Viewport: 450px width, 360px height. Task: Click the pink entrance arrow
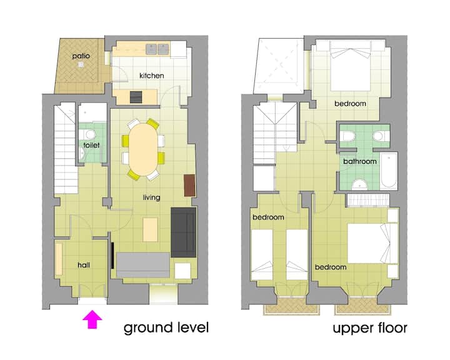click(x=92, y=319)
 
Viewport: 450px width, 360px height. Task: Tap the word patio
click(x=81, y=56)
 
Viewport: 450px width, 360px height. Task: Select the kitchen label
click(x=151, y=76)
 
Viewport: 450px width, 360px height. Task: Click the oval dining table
click(x=143, y=149)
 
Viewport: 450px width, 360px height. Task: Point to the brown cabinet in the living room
click(x=190, y=186)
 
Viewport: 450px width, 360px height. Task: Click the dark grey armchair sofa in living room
click(x=184, y=232)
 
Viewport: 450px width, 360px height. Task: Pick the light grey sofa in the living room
click(x=143, y=265)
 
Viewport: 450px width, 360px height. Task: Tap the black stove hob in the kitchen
click(x=136, y=97)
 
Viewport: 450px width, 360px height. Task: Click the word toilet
click(x=91, y=145)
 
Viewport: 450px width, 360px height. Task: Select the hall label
click(x=84, y=265)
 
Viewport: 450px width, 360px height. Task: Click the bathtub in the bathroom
click(x=389, y=171)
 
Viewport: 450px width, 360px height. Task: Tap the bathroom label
click(x=360, y=161)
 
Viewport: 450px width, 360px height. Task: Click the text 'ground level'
click(x=166, y=328)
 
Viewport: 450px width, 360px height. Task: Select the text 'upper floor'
click(x=370, y=328)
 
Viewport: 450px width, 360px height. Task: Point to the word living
click(x=151, y=197)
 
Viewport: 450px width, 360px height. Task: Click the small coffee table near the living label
click(x=151, y=229)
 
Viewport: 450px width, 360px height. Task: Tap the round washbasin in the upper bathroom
click(x=359, y=184)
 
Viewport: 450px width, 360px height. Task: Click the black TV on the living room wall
click(x=112, y=256)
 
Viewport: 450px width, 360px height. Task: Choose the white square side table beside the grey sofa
click(x=182, y=271)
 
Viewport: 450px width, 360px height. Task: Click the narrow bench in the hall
click(x=59, y=259)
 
